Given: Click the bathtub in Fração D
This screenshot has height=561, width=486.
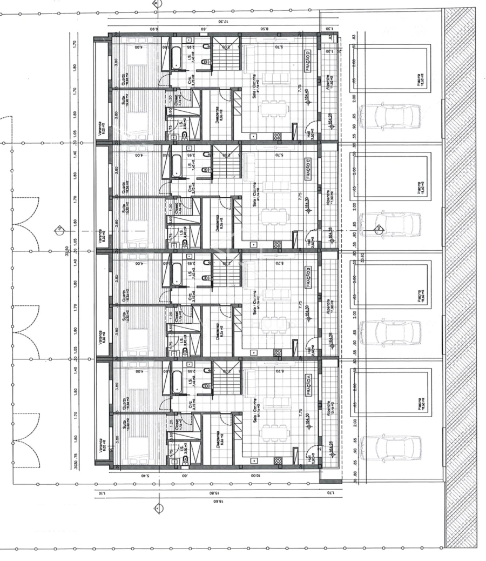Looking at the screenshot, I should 177,58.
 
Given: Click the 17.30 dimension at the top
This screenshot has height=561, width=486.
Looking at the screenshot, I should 221,21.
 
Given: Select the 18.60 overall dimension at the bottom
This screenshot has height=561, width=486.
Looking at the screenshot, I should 216,501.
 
